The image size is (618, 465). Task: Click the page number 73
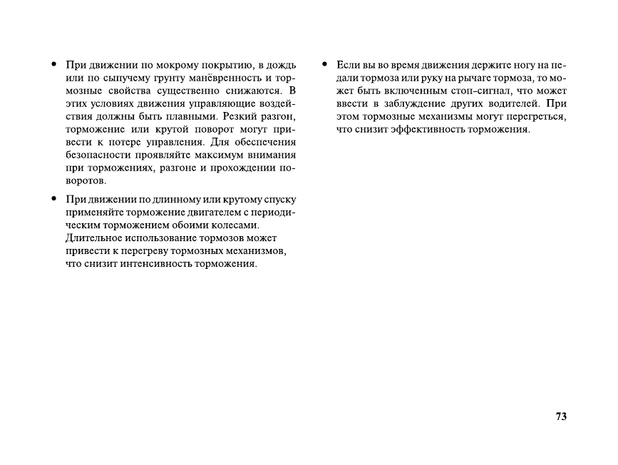point(560,417)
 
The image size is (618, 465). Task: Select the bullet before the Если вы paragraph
point(324,65)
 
